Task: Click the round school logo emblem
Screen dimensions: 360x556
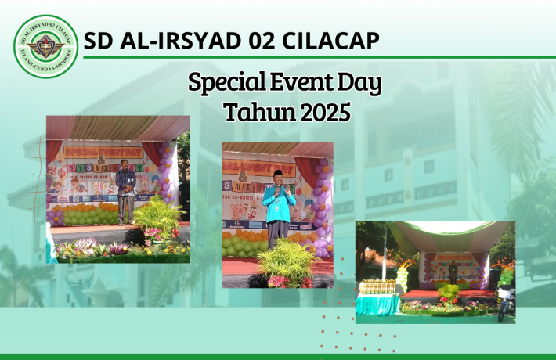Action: (46, 46)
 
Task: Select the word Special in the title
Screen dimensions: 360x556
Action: (226, 83)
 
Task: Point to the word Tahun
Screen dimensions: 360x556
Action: (250, 112)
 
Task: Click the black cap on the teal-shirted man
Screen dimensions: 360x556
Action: (278, 173)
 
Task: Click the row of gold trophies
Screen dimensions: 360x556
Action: (378, 286)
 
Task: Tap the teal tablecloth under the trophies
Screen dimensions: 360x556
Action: (378, 304)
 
